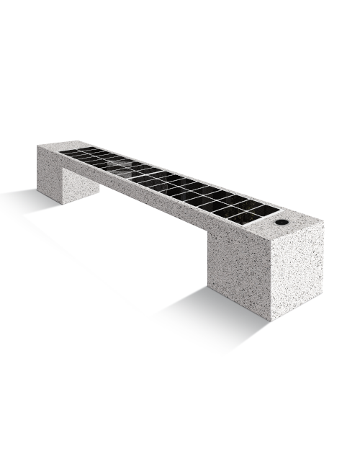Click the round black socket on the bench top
point(281,223)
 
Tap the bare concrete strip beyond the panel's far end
point(58,147)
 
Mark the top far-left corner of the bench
point(38,146)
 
